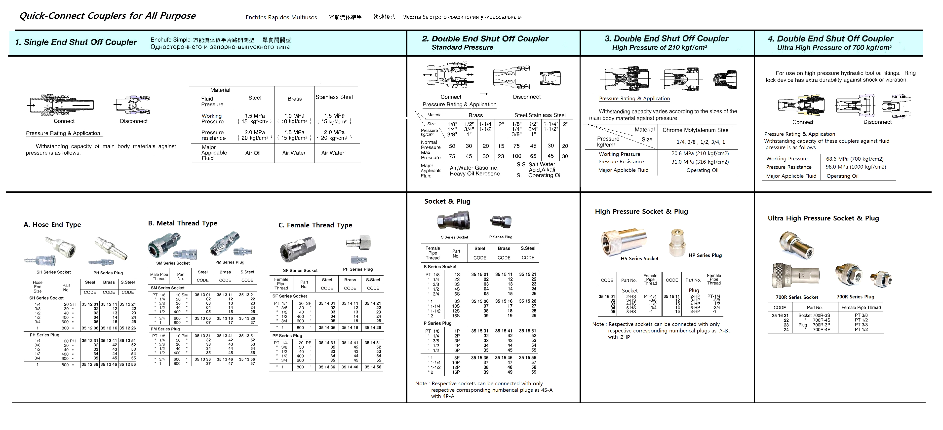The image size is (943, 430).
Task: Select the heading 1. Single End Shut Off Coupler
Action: point(76,42)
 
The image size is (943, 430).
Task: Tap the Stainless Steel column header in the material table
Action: point(334,97)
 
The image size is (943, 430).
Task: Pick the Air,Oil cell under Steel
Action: point(253,153)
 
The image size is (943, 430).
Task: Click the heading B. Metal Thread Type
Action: point(182,223)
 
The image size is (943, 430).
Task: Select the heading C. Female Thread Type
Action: point(315,225)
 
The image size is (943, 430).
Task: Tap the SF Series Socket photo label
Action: point(300,270)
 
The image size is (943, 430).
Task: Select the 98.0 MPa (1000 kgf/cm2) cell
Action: point(856,167)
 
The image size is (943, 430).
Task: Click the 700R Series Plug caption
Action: point(855,297)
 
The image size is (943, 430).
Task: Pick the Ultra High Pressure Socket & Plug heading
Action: point(823,218)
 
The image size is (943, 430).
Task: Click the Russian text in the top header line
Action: point(461,17)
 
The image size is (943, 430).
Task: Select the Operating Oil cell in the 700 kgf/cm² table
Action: point(842,176)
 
